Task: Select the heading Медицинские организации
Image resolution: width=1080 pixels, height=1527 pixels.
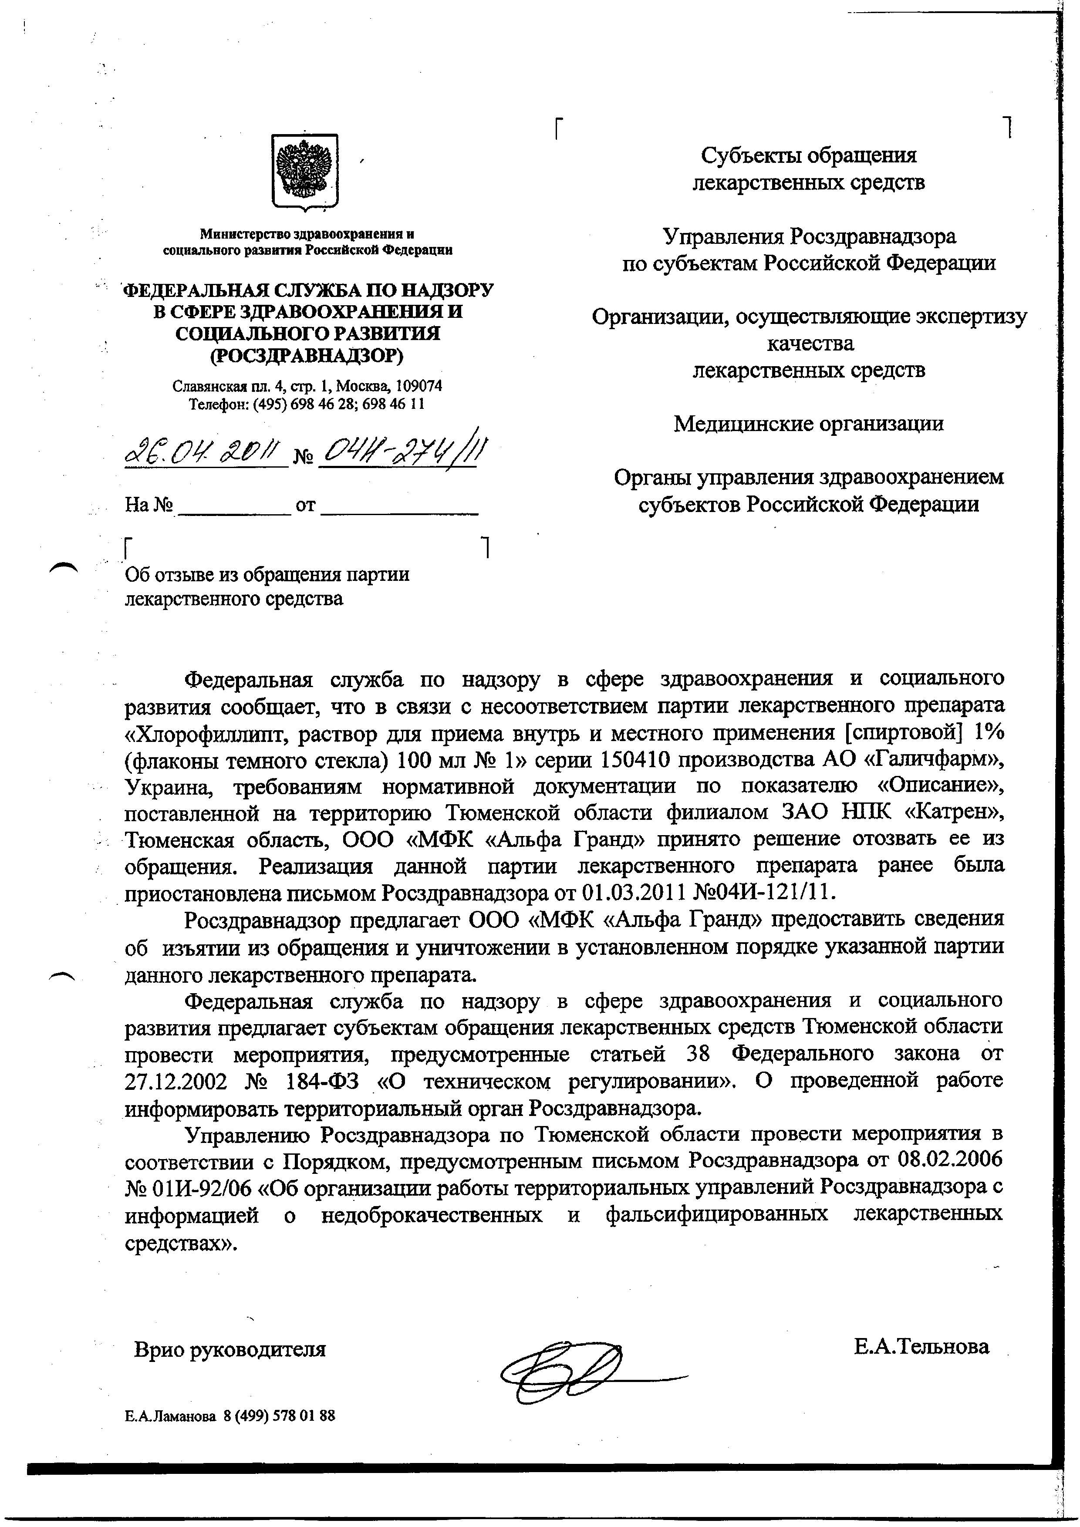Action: (809, 424)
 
